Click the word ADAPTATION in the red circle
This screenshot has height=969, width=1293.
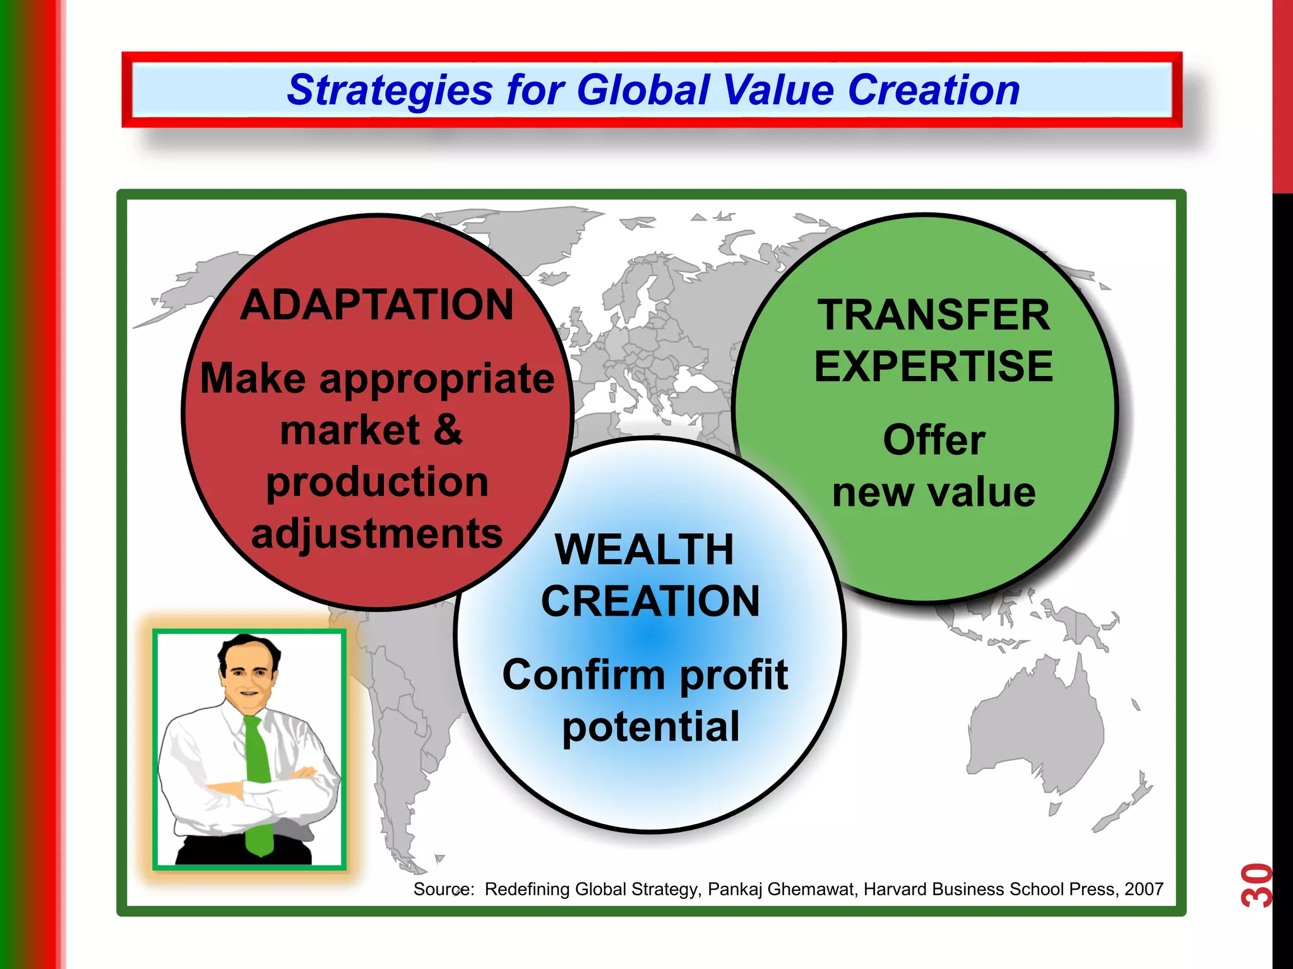pos(377,305)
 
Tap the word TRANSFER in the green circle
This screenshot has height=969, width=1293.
pos(934,315)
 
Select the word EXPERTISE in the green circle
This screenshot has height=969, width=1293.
pos(934,367)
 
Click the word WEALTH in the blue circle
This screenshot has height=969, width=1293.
pos(645,550)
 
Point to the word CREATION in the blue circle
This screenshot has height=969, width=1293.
pos(650,601)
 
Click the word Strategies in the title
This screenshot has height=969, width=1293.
pos(390,90)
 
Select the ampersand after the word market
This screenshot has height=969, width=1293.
pos(448,430)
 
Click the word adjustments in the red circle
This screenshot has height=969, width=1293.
pos(377,534)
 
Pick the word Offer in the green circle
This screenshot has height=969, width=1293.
pos(934,440)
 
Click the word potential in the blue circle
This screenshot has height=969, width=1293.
pos(650,727)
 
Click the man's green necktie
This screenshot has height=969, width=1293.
pos(258,782)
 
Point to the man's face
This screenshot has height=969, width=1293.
pos(248,677)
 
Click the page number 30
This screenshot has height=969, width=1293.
pos(1255,885)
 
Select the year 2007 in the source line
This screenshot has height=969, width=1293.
pos(1143,890)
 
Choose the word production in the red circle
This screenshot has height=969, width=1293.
pos(377,483)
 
